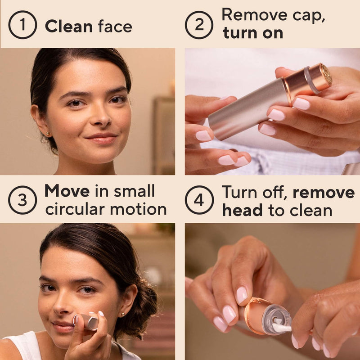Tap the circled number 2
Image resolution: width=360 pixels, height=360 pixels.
click(199, 25)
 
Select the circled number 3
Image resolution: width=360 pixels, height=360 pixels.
click(22, 199)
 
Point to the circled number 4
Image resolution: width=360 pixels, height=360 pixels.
click(199, 199)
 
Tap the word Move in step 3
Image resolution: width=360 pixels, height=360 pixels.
click(67, 191)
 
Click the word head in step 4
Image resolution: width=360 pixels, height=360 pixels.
click(243, 210)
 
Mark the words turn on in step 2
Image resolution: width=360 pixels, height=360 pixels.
click(252, 33)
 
